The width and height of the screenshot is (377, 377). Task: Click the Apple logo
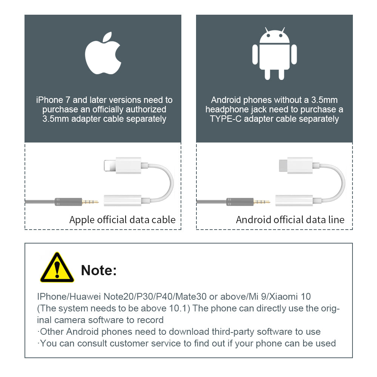(x=103, y=54)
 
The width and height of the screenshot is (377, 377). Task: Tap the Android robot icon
(x=274, y=54)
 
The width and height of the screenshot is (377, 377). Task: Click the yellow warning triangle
(x=57, y=267)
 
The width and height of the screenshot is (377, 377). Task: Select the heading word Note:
(x=99, y=270)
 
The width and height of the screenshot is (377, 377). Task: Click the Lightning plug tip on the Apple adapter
(x=110, y=166)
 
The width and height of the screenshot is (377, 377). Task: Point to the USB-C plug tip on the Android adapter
(x=283, y=166)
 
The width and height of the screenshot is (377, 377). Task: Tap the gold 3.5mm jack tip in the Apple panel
(x=90, y=202)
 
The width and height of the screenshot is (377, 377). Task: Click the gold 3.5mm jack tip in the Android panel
(x=262, y=202)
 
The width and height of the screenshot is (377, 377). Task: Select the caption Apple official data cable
(x=123, y=220)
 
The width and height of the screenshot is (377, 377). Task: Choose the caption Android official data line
(x=290, y=220)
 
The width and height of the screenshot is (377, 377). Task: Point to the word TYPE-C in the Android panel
(x=225, y=119)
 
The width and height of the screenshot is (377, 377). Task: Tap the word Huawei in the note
(x=85, y=296)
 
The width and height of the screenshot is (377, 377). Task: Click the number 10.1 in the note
(x=178, y=308)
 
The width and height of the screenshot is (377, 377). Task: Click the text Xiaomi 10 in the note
(x=290, y=296)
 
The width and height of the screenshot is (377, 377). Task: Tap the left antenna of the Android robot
(x=267, y=29)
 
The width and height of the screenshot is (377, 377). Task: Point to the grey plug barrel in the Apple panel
(x=68, y=202)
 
